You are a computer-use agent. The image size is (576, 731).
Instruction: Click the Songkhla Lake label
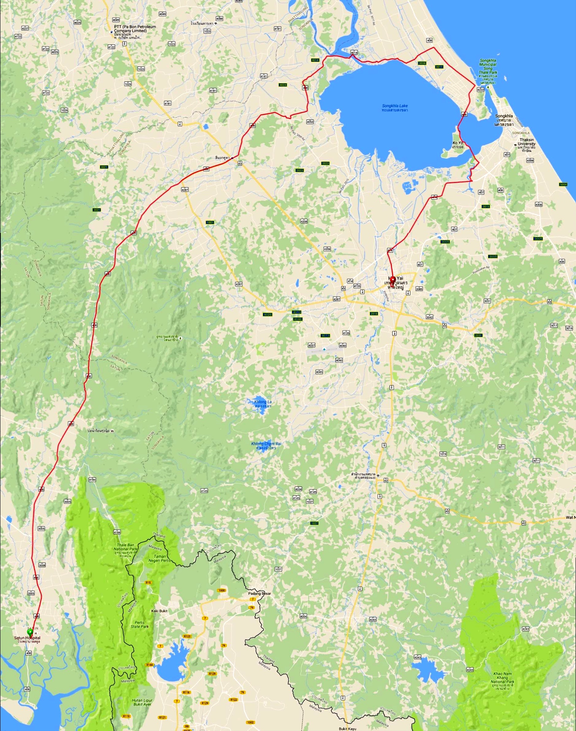coord(395,108)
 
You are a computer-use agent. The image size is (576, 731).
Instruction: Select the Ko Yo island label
coord(458,145)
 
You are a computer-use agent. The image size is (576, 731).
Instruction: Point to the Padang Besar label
coord(260,593)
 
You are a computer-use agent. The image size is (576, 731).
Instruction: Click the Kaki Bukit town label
coord(159,611)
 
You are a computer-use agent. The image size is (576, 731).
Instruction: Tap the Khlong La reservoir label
coord(263,404)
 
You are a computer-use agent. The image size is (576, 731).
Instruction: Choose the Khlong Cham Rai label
coord(266,446)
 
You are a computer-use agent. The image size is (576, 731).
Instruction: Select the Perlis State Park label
coord(140,624)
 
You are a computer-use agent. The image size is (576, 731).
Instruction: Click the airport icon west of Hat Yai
coord(324,349)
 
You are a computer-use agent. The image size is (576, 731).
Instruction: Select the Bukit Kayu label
coord(347,728)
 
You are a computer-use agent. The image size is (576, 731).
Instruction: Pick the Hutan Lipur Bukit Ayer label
coord(142,702)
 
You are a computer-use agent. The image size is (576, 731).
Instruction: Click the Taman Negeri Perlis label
coord(160,558)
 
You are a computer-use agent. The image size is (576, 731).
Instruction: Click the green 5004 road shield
coord(563,185)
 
